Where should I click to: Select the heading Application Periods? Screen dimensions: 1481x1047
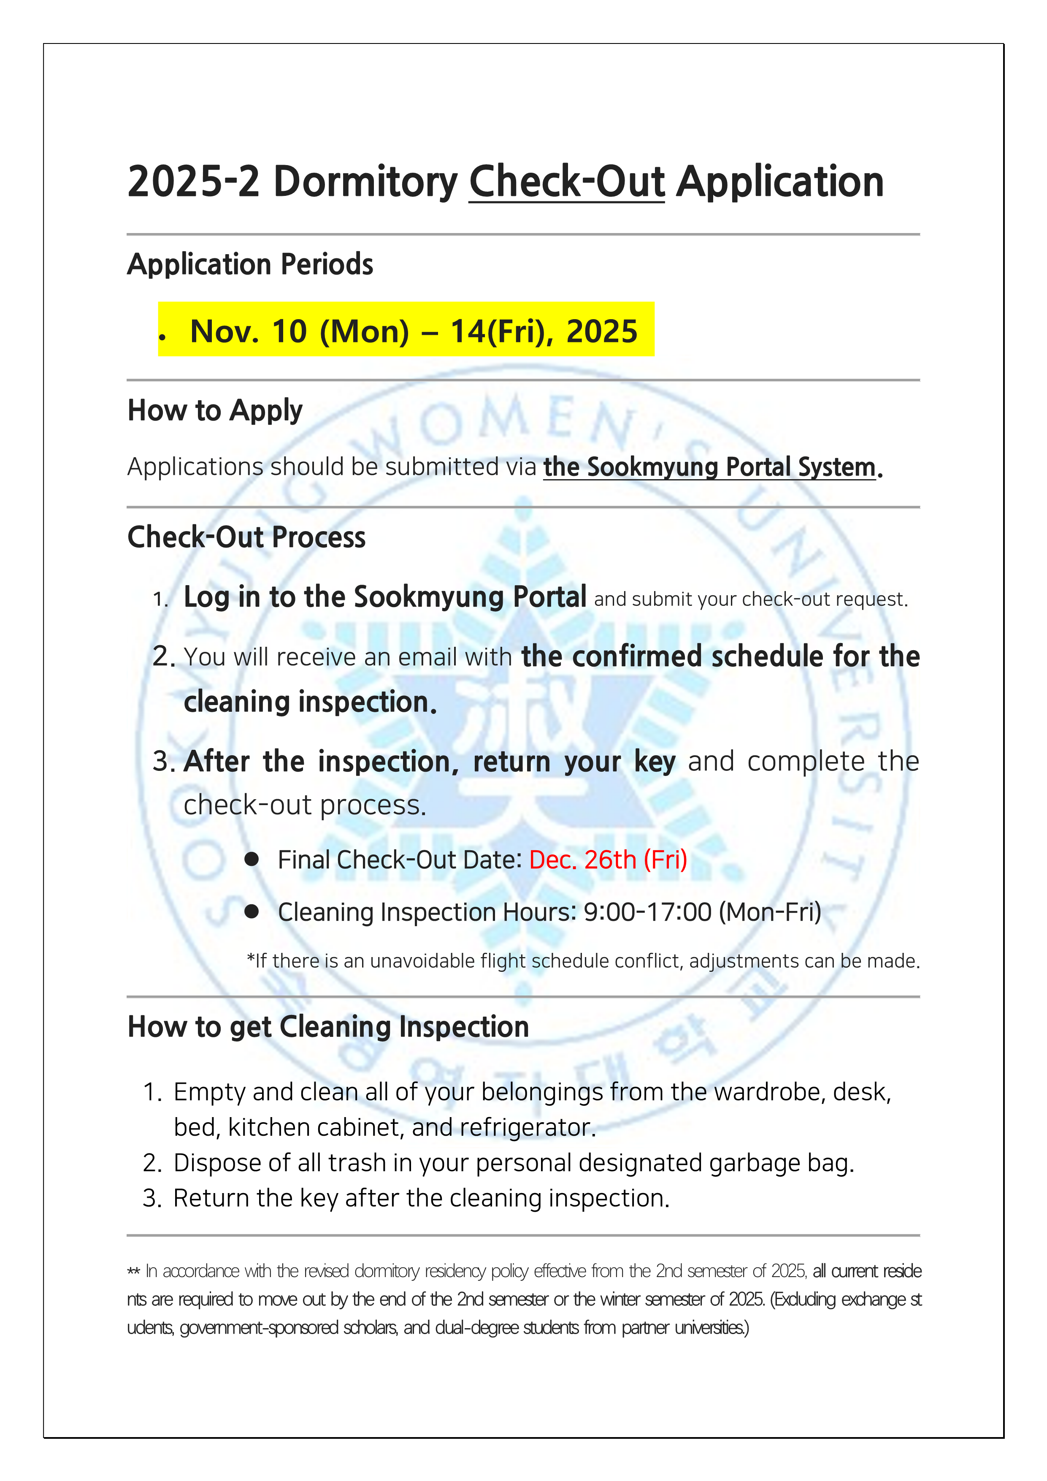point(250,264)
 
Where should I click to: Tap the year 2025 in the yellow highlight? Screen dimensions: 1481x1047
point(601,331)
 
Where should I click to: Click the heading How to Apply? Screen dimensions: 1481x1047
point(215,411)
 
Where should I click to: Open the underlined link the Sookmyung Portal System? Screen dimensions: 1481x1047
point(709,467)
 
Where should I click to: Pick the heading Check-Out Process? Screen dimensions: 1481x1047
point(246,537)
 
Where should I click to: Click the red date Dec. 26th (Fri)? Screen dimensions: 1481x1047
point(608,860)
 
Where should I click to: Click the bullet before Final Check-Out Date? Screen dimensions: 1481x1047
point(252,859)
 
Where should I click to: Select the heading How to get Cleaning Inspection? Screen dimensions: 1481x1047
point(328,1027)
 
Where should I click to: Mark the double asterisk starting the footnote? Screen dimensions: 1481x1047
point(133,1271)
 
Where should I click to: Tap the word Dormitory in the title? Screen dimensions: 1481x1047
point(365,182)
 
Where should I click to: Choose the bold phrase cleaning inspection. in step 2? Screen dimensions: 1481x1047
point(310,702)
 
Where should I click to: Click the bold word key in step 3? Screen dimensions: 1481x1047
point(655,762)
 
